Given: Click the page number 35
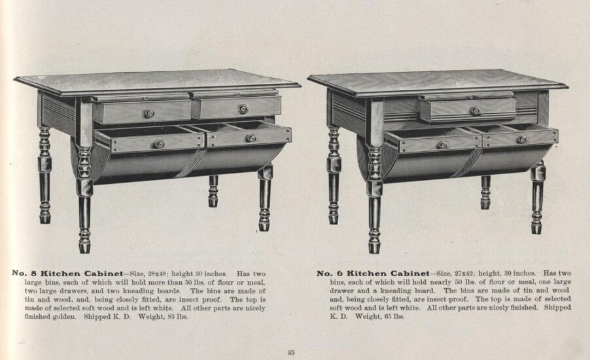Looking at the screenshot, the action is pyautogui.click(x=291, y=353).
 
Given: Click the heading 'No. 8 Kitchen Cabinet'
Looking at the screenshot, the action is pyautogui.click(x=67, y=274).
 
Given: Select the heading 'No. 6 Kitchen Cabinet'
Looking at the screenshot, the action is pyautogui.click(x=373, y=274).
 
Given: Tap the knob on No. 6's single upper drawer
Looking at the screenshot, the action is pyautogui.click(x=476, y=111).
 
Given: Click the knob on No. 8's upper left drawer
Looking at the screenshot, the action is pyautogui.click(x=150, y=113).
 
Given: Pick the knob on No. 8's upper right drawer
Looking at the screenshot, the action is pyautogui.click(x=243, y=109).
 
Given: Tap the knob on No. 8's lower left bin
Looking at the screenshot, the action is pyautogui.click(x=160, y=144).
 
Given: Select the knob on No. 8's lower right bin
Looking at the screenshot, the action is pyautogui.click(x=251, y=138).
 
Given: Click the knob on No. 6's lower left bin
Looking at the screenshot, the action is pyautogui.click(x=442, y=145).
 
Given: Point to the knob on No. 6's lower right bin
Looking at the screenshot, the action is pyautogui.click(x=522, y=139).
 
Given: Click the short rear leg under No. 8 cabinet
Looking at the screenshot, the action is pyautogui.click(x=213, y=191).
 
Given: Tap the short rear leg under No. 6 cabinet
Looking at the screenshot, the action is pyautogui.click(x=485, y=192).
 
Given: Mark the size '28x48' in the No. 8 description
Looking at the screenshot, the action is pyautogui.click(x=157, y=274).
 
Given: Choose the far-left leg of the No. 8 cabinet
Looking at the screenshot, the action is pyautogui.click(x=44, y=175).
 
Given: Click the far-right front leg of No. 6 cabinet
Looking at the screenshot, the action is pyautogui.click(x=538, y=197).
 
